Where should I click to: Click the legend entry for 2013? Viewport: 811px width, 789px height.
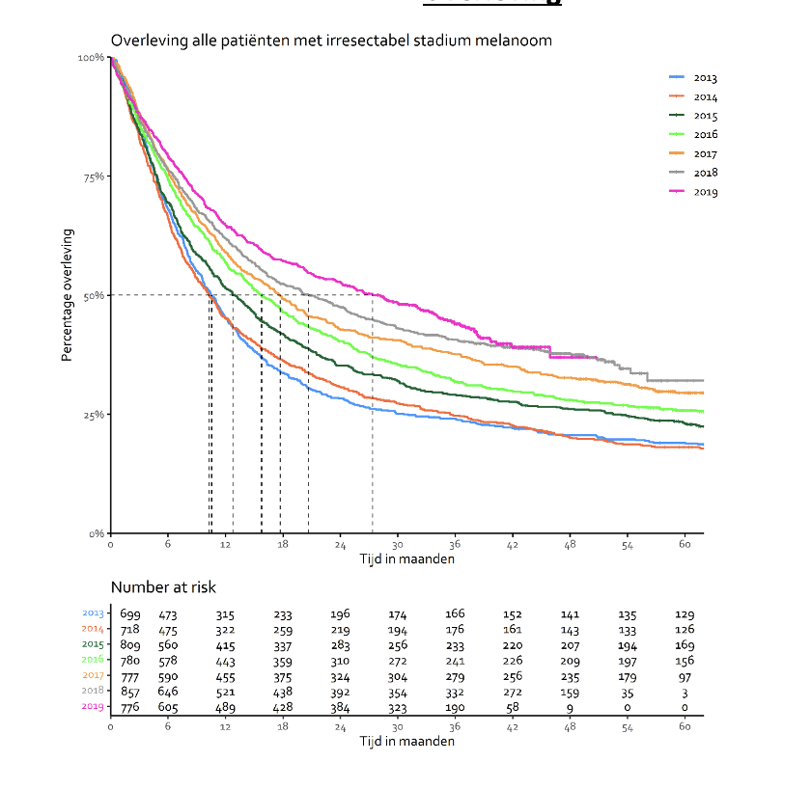705,78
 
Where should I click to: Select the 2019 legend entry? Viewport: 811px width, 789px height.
705,192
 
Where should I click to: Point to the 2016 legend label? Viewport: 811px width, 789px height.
706,135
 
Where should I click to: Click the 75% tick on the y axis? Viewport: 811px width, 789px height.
93,177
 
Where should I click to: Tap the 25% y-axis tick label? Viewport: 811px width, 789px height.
93,415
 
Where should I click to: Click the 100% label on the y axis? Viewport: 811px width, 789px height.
91,58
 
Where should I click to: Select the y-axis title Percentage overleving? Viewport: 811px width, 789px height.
68,295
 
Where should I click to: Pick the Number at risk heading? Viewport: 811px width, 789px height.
163,587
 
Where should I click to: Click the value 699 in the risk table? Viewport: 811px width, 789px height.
129,614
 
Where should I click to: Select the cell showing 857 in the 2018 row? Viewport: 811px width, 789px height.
129,692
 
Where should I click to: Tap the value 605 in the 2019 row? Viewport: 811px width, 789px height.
168,707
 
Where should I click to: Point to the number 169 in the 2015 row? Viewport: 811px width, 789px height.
685,645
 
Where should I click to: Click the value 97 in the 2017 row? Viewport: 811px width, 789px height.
685,676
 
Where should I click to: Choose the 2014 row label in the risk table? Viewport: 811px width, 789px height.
94,629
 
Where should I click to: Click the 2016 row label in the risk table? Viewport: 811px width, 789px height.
94,660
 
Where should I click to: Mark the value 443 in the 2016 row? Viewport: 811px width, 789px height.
225,661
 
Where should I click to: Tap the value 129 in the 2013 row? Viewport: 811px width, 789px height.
685,614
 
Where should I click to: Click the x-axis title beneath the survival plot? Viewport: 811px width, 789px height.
407,558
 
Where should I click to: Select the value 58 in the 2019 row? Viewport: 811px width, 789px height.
513,707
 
